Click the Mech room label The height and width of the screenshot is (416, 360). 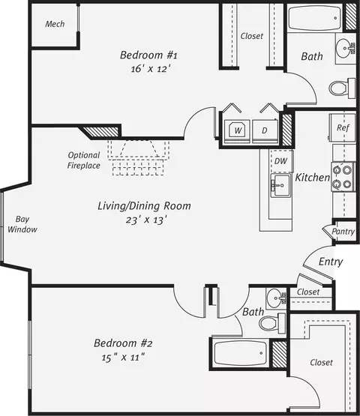55,24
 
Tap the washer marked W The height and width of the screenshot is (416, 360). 237,130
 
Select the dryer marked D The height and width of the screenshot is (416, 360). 265,130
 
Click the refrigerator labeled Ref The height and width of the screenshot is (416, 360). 343,128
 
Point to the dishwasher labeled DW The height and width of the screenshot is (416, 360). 281,161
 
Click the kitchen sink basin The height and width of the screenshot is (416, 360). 280,185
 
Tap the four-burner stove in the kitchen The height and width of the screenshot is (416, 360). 343,177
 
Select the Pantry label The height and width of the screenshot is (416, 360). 343,231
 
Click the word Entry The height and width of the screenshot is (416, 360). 331,262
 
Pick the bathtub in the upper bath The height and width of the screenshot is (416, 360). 314,18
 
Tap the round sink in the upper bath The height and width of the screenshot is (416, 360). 345,49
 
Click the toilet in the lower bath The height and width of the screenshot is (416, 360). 271,323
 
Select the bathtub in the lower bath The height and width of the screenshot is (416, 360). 240,353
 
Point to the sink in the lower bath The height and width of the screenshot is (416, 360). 276,298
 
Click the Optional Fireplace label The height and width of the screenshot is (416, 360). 84,160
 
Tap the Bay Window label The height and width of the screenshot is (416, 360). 22,224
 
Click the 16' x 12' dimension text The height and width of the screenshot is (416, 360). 150,69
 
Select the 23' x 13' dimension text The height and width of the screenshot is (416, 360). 146,220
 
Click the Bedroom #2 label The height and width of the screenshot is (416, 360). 123,343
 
